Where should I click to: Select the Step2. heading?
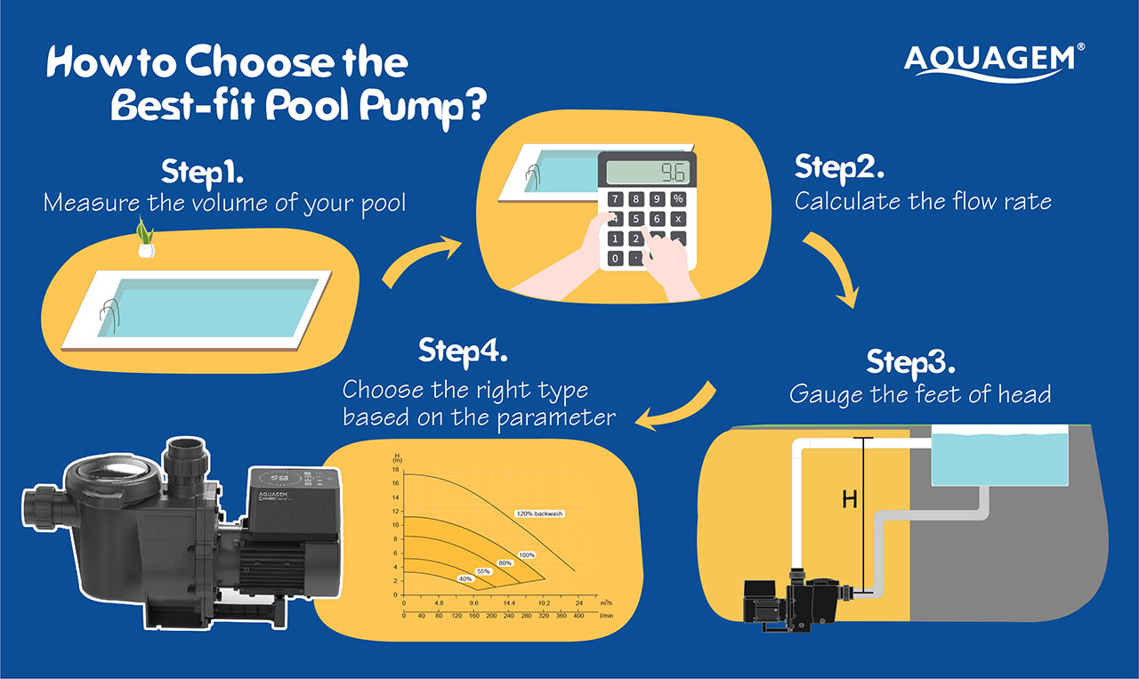tap(838, 166)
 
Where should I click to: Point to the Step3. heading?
tap(910, 362)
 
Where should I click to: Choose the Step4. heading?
tap(463, 351)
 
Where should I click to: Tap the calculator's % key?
tap(678, 199)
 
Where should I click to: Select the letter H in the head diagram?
tap(850, 500)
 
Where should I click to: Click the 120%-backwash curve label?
tap(540, 513)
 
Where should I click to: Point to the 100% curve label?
tap(527, 554)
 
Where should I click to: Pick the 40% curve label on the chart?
tap(464, 578)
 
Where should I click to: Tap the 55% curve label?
tap(483, 570)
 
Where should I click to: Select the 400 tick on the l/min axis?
tap(578, 614)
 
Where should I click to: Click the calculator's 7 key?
tap(615, 199)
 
